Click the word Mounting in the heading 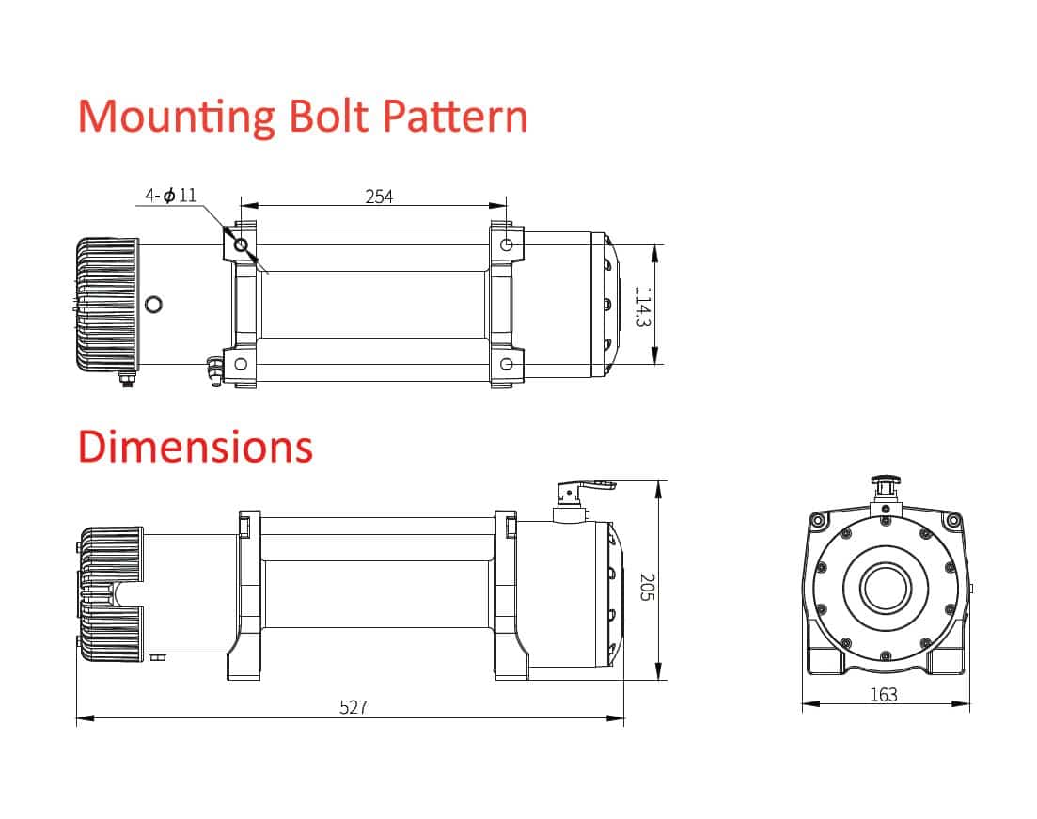(x=177, y=118)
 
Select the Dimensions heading (x=196, y=447)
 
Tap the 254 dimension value (x=379, y=197)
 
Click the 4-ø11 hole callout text (x=170, y=196)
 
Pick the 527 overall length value (x=354, y=707)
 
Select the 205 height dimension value (x=648, y=587)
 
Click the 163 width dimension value (x=884, y=695)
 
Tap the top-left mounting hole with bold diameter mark (x=241, y=244)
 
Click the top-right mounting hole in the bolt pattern (x=506, y=244)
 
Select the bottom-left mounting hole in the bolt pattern (x=241, y=364)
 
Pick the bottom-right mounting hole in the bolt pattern (x=506, y=364)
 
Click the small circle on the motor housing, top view (x=153, y=305)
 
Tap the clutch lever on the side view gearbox (x=586, y=488)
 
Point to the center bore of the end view (x=886, y=588)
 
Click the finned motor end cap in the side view (x=110, y=594)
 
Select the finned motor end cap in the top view (x=107, y=305)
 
